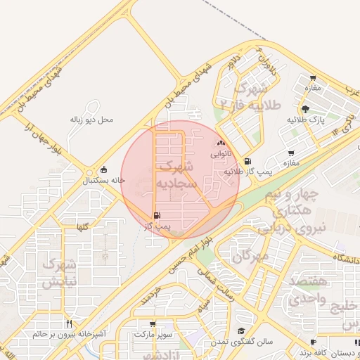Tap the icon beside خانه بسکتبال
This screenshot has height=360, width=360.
(x=105, y=169)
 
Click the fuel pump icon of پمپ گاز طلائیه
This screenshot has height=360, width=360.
(x=247, y=162)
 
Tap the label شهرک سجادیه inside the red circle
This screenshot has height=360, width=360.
(x=173, y=176)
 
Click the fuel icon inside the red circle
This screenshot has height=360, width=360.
(x=155, y=215)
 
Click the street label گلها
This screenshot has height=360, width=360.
(x=82, y=226)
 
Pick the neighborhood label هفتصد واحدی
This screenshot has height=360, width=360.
(x=307, y=290)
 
